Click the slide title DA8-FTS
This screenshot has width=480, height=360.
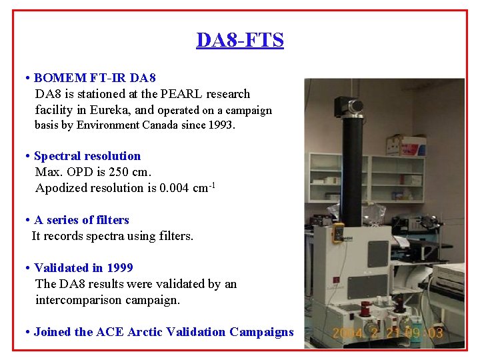240,40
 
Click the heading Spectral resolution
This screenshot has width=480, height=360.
87,156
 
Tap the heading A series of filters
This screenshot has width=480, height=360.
81,220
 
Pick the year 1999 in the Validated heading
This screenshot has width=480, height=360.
119,268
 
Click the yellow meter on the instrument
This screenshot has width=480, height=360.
339,231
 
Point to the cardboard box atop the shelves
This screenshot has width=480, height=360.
406,145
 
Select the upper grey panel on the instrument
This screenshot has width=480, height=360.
377,254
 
